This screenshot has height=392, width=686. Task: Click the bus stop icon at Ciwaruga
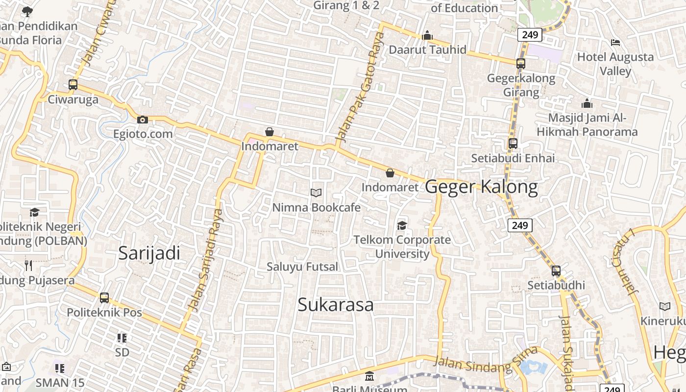pos(73,84)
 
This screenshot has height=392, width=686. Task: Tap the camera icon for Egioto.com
pos(143,120)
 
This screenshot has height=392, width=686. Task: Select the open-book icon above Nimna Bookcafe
pos(316,193)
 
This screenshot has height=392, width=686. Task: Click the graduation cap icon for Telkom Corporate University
pos(402,225)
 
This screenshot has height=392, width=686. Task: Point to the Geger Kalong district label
pos(481,187)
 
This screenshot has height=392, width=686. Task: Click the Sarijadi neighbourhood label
pos(149,253)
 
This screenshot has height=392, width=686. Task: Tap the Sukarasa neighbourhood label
pos(336,305)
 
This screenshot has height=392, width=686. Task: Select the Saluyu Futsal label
pos(302,267)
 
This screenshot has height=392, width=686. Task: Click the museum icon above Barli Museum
pos(369,377)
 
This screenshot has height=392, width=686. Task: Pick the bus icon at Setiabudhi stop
pos(556,270)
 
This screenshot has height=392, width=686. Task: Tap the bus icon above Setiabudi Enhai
pos(513,144)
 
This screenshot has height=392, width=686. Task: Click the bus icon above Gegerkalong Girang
pos(521,63)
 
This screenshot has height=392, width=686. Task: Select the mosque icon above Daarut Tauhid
pos(427,35)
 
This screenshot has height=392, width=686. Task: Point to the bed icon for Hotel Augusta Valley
pos(615,43)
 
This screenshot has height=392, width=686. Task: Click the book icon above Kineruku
pos(665,307)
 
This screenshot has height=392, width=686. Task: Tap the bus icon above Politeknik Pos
pos(104,297)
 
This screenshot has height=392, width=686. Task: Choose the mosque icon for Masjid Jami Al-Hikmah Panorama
pos(587,103)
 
